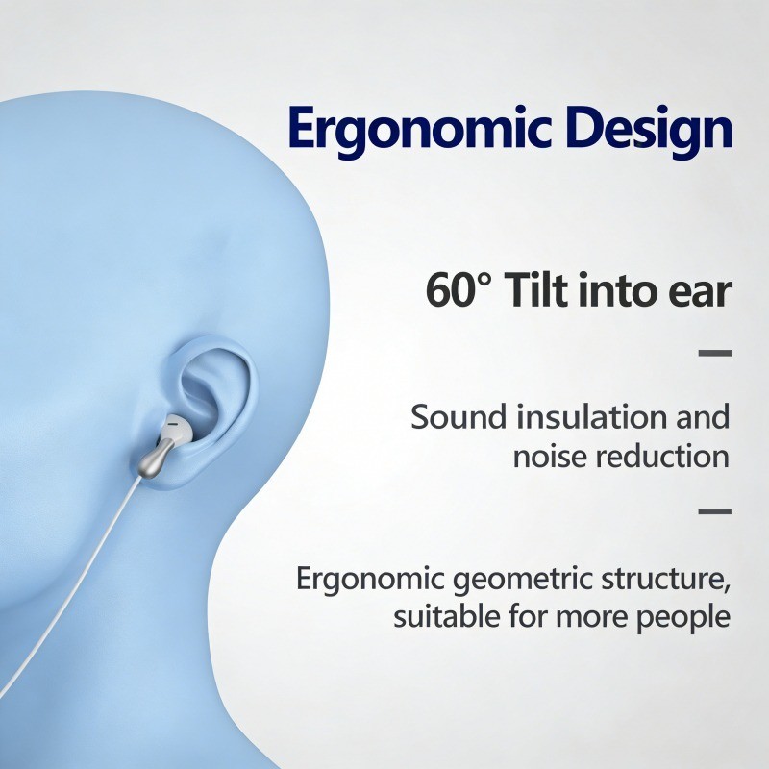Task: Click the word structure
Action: pyautogui.click(x=665, y=580)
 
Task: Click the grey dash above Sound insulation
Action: pyautogui.click(x=715, y=353)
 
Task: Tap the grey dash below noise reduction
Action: pyautogui.click(x=715, y=511)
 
